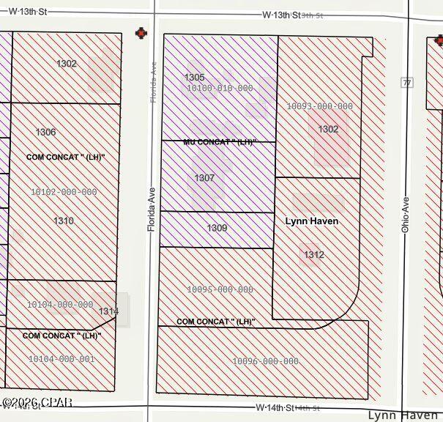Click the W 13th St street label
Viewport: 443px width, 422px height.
[282, 15]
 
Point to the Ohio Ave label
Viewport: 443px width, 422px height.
[405, 214]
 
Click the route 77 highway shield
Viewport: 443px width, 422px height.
[406, 82]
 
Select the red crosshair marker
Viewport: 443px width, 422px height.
[141, 33]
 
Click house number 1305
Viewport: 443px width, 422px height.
[194, 77]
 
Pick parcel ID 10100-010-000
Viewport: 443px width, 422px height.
[220, 89]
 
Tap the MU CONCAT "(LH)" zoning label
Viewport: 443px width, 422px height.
[218, 142]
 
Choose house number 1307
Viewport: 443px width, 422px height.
[204, 178]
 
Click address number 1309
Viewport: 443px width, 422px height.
[217, 228]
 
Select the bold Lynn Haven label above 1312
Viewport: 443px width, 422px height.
[311, 221]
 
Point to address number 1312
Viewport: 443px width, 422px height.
[313, 254]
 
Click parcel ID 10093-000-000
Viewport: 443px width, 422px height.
[319, 106]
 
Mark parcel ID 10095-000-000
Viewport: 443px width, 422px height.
[220, 290]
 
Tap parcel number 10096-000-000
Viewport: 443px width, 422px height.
[265, 361]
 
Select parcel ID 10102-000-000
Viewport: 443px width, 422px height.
[64, 192]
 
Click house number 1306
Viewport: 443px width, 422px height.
[45, 132]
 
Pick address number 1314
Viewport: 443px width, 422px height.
[108, 311]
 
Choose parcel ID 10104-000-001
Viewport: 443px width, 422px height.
[62, 359]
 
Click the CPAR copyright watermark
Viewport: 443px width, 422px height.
[37, 402]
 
